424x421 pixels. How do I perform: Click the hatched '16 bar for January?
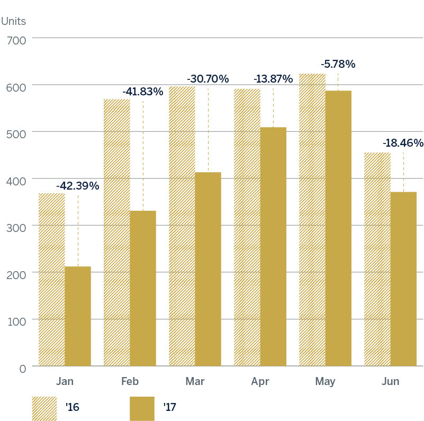(52, 280)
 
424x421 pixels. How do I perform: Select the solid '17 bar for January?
(78, 316)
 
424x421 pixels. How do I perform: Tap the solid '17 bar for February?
(143, 288)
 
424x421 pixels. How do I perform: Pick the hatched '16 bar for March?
(182, 226)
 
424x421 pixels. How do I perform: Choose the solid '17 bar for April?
(273, 246)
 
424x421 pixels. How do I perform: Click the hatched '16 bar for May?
(312, 220)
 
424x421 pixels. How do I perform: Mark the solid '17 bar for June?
(403, 279)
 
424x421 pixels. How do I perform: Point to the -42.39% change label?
(78, 186)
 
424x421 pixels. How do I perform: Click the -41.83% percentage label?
(142, 92)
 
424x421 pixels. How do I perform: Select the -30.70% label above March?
(208, 79)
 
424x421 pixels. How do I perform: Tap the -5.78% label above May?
(338, 64)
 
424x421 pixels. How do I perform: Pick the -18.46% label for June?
(403, 143)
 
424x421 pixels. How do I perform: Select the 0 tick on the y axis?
(22, 368)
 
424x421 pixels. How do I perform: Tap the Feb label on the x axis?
(130, 381)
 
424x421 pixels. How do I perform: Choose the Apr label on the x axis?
(260, 381)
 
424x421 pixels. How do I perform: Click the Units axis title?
(13, 22)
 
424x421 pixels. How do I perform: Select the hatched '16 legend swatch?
(44, 408)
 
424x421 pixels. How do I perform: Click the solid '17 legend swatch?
(142, 408)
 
